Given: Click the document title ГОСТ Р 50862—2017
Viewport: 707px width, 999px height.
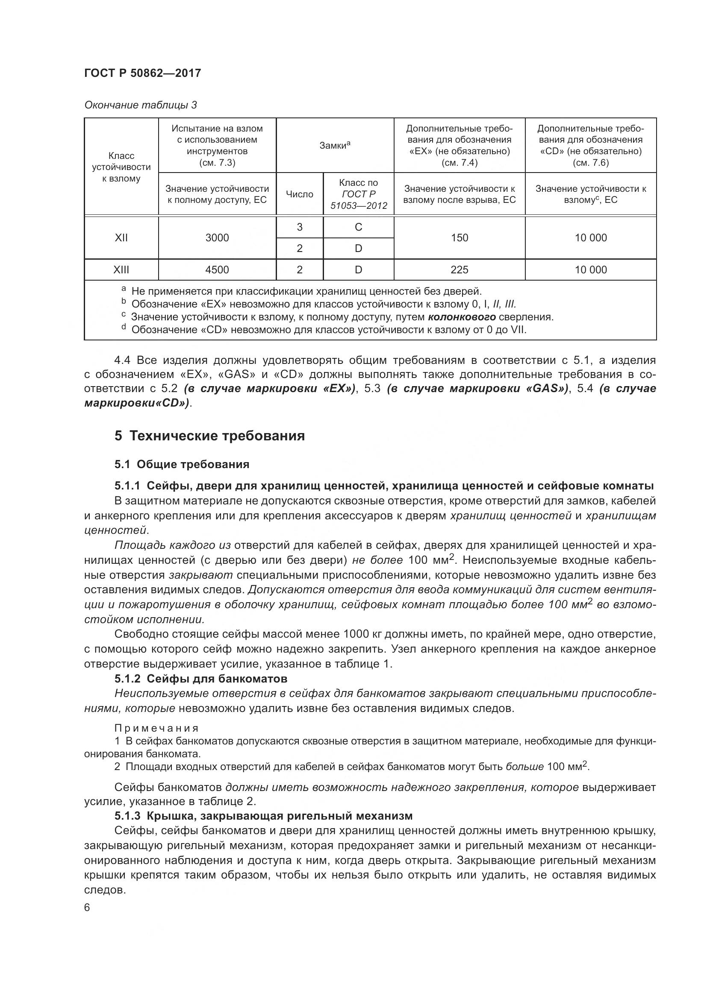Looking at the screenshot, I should point(142,73).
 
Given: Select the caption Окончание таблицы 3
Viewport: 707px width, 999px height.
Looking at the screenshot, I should point(140,105).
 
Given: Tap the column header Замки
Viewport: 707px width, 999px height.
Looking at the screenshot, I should point(334,146).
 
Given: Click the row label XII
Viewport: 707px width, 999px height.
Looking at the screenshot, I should point(121,237).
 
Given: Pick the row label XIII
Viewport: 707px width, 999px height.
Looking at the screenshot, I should point(121,270).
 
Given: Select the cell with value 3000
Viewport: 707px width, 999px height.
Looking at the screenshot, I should point(217,237).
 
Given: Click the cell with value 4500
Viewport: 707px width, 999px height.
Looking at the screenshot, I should point(217,270).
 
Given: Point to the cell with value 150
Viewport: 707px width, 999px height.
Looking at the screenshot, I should point(459,237).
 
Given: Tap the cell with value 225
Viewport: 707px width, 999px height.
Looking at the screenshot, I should point(459,270).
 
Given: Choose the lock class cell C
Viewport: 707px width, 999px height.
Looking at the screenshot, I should point(358,227).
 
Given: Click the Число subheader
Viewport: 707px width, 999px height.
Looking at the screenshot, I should point(300,194).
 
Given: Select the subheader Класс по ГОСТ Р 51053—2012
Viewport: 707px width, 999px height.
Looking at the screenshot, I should point(358,194).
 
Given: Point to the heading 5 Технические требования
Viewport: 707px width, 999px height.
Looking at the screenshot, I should point(209,436).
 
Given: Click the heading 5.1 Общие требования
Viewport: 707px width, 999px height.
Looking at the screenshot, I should point(182,464).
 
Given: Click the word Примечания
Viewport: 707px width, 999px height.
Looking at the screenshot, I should point(156,728).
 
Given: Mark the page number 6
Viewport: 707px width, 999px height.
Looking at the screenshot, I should point(87,908).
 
